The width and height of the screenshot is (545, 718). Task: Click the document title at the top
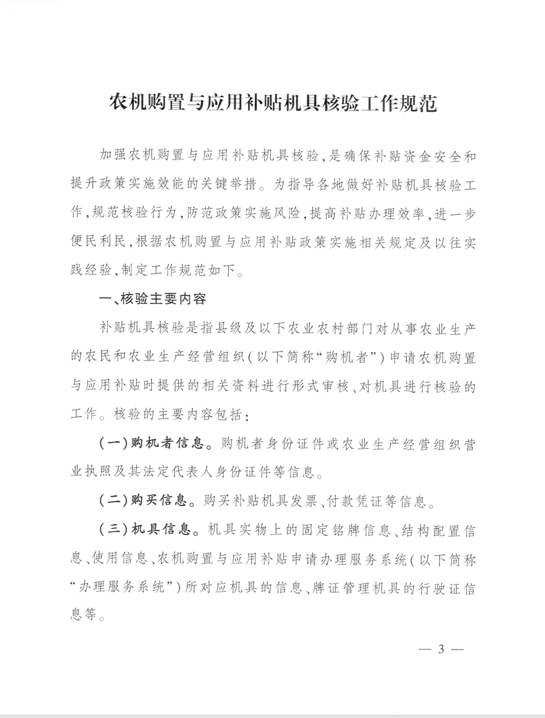274,104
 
